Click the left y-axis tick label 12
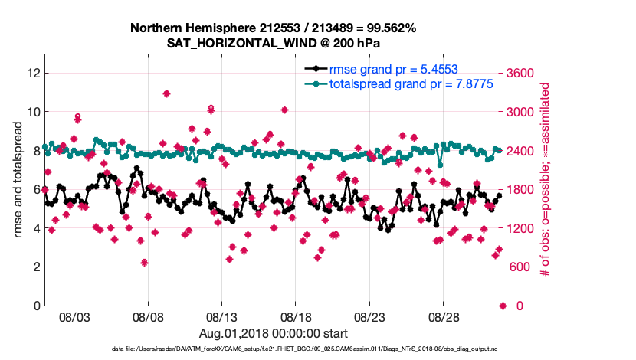32,73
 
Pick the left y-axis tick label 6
35,189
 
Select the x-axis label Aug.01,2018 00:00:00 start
274,333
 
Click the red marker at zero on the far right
503,306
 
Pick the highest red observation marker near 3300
166,93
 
